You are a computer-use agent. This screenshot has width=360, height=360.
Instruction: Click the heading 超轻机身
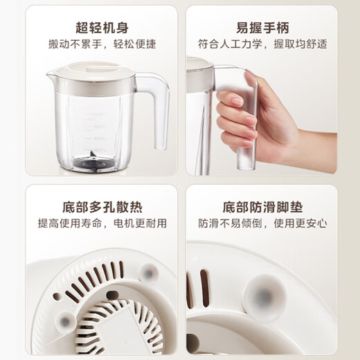click(102, 28)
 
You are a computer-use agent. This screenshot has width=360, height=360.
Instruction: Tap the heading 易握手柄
click(261, 28)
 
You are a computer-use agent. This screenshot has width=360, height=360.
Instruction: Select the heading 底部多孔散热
click(102, 206)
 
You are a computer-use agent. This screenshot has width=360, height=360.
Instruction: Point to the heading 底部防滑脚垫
click(261, 206)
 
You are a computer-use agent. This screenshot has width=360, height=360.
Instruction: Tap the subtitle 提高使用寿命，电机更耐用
click(102, 224)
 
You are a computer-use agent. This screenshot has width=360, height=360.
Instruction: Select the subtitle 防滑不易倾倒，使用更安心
click(261, 224)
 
